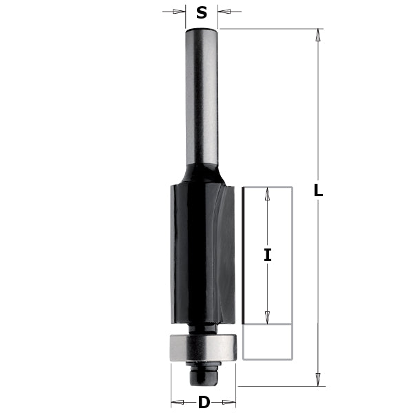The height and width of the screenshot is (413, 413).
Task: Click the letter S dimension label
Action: tap(202, 12)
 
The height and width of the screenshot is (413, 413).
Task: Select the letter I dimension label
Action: tap(267, 255)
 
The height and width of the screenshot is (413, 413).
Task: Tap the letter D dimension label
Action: tap(204, 403)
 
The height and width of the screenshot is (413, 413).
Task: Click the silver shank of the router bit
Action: tap(202, 96)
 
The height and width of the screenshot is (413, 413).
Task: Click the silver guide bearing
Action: tap(203, 347)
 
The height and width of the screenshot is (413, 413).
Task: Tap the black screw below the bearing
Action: tap(204, 374)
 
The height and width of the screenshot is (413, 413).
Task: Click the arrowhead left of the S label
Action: tap(179, 11)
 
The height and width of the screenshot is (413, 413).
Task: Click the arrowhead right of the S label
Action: tap(225, 11)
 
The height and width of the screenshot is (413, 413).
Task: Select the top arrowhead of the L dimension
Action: tap(318, 36)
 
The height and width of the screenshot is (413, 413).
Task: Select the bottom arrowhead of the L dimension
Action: tap(318, 379)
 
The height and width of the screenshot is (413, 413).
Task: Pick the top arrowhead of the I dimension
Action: tap(268, 193)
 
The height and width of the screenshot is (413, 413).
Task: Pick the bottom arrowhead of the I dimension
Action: tap(268, 317)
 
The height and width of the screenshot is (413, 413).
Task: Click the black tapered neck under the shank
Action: tap(202, 172)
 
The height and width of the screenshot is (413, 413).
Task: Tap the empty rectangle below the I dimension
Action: tap(267, 342)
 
